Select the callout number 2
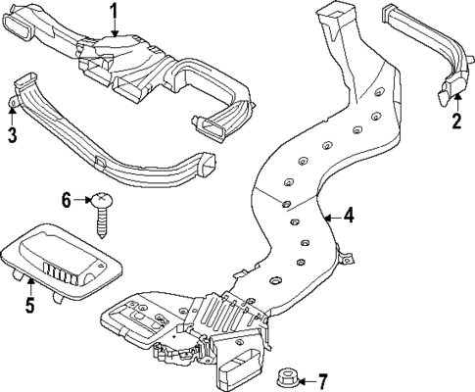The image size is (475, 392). click(455, 122)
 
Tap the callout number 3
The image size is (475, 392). click(12, 134)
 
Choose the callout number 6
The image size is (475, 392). click(67, 200)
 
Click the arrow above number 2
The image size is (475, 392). click(455, 103)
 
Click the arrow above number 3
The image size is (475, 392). click(12, 113)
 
